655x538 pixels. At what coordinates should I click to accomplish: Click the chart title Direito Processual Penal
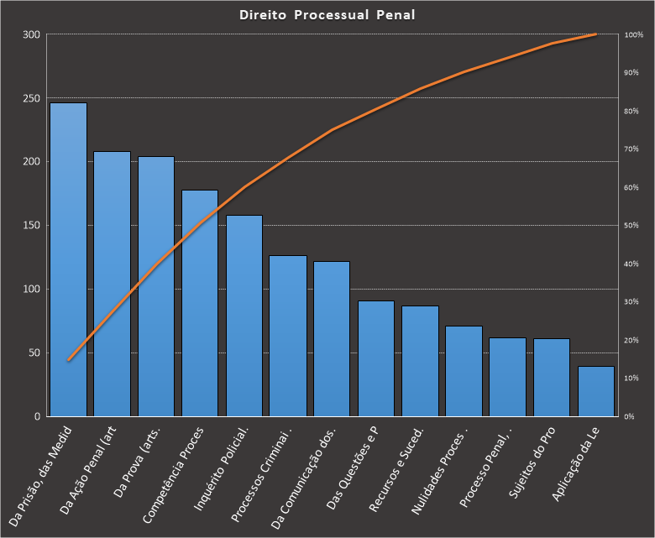(327, 15)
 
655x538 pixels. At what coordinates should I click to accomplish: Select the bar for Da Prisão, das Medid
(68, 260)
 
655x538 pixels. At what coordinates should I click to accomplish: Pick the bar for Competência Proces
(200, 302)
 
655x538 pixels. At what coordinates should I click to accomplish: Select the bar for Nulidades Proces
(464, 371)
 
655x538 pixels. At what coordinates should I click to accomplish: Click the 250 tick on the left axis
(31, 98)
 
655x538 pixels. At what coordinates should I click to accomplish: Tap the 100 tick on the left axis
(31, 290)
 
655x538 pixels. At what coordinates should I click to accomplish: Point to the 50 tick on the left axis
(34, 353)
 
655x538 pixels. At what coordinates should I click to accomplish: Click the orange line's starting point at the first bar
(69, 360)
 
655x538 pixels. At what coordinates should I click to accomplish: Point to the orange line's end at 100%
(595, 34)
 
